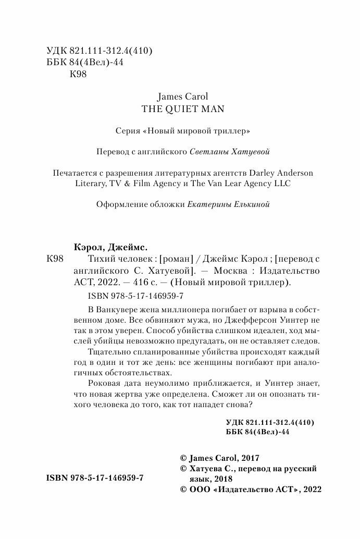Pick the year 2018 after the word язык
222,479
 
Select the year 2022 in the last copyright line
311,489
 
